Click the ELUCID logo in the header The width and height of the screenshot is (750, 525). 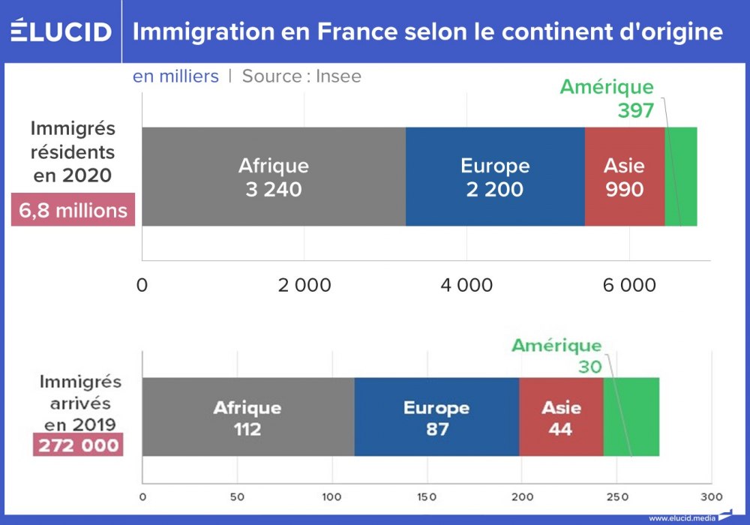tap(61, 32)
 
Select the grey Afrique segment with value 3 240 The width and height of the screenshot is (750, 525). tap(274, 177)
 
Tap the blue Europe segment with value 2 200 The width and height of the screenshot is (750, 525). tap(495, 177)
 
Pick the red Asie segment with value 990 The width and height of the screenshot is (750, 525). tap(624, 177)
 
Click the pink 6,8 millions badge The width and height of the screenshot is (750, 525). tap(73, 210)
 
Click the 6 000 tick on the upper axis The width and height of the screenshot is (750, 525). tap(628, 286)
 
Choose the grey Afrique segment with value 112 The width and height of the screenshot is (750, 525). tap(247, 417)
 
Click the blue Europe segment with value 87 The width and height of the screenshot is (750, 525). tap(436, 417)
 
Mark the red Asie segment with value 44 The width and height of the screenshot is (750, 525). tap(561, 417)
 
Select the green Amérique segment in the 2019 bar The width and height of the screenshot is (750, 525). tap(631, 417)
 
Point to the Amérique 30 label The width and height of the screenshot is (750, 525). tap(556, 355)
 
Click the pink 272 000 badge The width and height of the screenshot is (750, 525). tap(77, 445)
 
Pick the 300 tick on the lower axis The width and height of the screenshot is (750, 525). tap(710, 496)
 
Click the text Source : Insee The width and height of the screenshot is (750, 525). tap(301, 76)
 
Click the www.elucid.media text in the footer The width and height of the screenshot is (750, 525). tap(682, 517)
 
